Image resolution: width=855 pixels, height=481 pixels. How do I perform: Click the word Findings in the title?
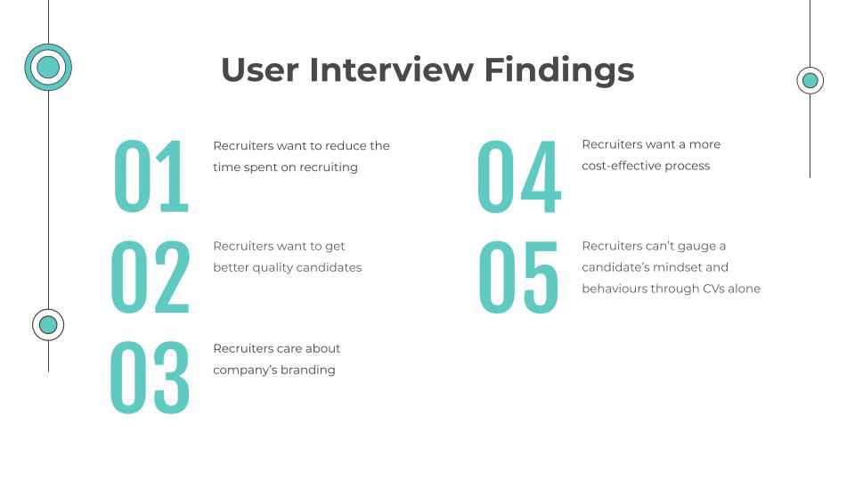pos(559,72)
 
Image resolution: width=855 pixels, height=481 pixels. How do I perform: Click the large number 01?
pos(151,175)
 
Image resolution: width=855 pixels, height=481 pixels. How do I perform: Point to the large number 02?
pos(151,276)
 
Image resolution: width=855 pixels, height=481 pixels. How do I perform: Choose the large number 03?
pos(150,378)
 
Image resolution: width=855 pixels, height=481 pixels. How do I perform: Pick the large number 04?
pos(519,175)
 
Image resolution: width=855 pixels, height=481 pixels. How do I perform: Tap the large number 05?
pos(518,276)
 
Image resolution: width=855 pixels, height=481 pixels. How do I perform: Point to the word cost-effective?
pos(622,166)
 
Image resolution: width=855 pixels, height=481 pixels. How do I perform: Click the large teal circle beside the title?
pos(48,67)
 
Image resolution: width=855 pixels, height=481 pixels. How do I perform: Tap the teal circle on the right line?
pos(810,81)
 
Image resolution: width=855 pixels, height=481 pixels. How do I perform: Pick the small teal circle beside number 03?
pos(48,325)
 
